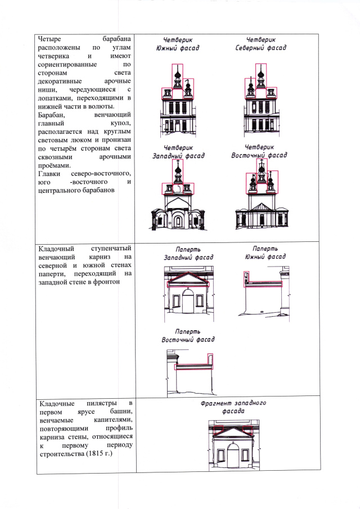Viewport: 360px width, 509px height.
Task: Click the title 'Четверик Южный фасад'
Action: pos(177,44)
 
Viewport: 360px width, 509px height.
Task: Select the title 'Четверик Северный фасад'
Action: pos(260,44)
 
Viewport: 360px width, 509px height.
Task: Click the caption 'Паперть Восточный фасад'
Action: pos(188,336)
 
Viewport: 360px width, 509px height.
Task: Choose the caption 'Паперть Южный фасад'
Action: pos(265,253)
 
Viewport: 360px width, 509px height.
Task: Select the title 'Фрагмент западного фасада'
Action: pos(233,407)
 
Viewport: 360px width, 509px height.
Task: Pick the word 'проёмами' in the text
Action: pos(54,165)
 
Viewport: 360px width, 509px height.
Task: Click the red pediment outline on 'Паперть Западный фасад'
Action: pos(188,279)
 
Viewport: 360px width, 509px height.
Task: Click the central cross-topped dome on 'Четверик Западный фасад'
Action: pos(178,169)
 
